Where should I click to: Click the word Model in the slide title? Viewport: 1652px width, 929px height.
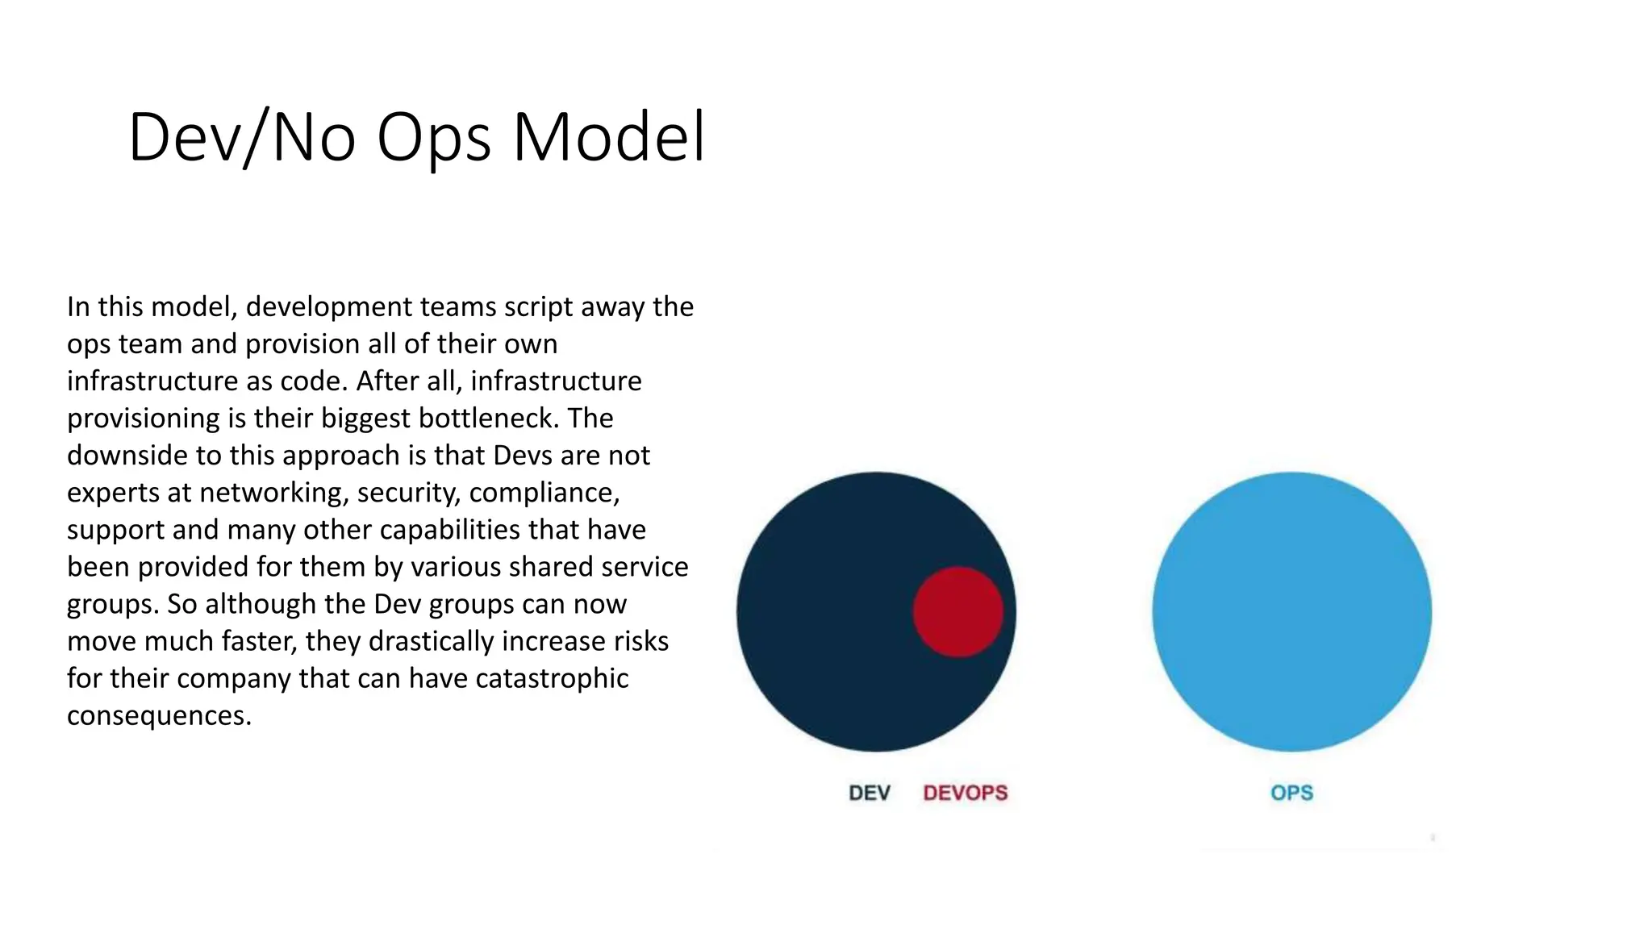point(609,137)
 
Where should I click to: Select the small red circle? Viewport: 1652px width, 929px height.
point(958,612)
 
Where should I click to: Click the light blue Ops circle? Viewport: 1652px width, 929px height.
point(1291,612)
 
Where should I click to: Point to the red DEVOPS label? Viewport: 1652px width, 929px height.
point(966,793)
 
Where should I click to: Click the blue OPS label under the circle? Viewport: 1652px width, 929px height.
point(1291,793)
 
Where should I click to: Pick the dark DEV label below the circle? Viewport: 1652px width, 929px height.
point(870,793)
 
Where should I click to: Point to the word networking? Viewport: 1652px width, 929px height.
point(273,493)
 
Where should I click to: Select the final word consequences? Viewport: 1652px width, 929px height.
point(158,715)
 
